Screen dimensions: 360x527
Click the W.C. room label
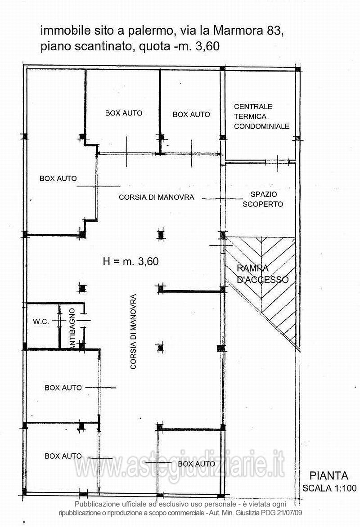(40, 322)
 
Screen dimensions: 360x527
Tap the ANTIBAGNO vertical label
(72, 328)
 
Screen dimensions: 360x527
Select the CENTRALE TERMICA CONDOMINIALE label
(261, 116)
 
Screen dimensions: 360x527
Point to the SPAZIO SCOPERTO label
(263, 199)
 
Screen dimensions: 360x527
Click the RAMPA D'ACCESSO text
(262, 273)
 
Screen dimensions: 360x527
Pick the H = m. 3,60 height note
(130, 261)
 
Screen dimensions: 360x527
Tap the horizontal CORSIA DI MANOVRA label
(157, 197)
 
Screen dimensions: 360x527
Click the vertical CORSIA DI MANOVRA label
(133, 332)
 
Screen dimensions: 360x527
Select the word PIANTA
(328, 476)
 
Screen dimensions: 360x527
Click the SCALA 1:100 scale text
(329, 488)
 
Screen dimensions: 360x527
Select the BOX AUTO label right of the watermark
(197, 464)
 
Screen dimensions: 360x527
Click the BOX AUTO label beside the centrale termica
(191, 114)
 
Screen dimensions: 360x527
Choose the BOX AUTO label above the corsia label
(124, 113)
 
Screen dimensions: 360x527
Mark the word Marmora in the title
(238, 31)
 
